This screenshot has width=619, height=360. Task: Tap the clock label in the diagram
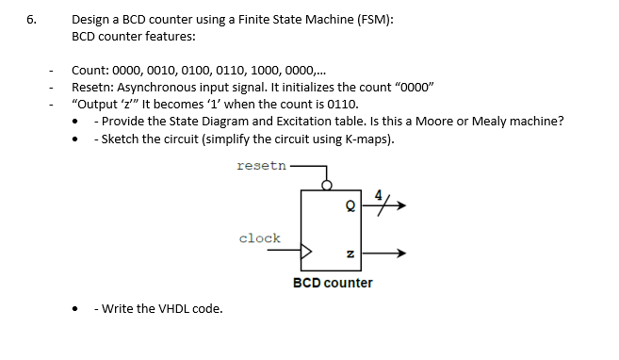pos(259,237)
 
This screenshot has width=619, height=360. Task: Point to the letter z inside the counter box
pos(350,253)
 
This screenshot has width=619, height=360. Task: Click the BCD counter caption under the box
pos(333,283)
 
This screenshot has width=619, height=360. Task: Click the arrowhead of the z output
pos(403,253)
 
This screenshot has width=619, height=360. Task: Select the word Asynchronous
pos(154,87)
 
